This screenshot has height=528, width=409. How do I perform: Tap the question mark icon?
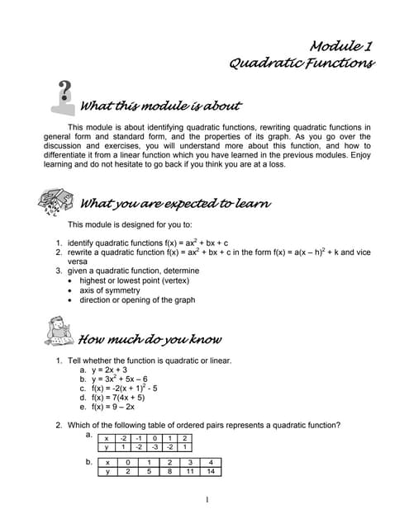[x=64, y=98]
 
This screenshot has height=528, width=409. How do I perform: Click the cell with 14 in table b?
[x=212, y=472]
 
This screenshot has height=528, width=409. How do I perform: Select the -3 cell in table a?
[x=153, y=446]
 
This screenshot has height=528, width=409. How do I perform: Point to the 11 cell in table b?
[x=190, y=472]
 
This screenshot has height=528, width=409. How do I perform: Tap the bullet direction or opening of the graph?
[x=137, y=300]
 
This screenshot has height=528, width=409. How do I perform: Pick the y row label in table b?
[x=107, y=472]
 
